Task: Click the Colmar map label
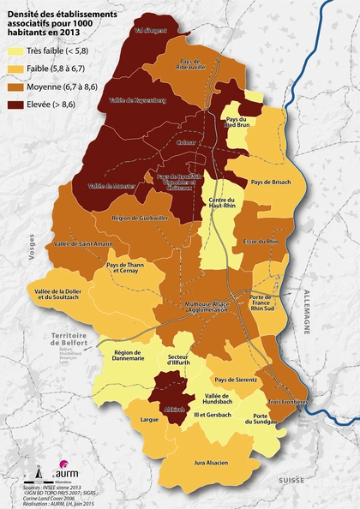pos(185,143)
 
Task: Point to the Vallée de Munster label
pos(109,185)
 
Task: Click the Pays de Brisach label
pos(272,183)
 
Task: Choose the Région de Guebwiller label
pos(138,219)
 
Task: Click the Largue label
pos(149,421)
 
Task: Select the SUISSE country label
pos(291,480)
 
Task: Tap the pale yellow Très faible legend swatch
pos(15,51)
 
